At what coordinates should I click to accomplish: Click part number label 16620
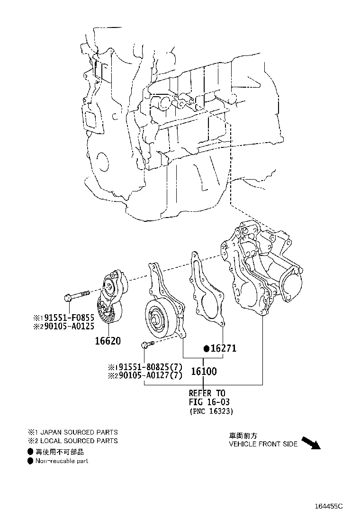point(108,340)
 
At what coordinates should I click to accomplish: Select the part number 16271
point(223,349)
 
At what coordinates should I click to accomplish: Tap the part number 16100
point(204,371)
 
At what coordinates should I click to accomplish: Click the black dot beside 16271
point(207,349)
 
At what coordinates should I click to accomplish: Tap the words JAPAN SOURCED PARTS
point(79,432)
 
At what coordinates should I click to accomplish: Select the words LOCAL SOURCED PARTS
point(79,441)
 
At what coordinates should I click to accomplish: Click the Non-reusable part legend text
point(62,461)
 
